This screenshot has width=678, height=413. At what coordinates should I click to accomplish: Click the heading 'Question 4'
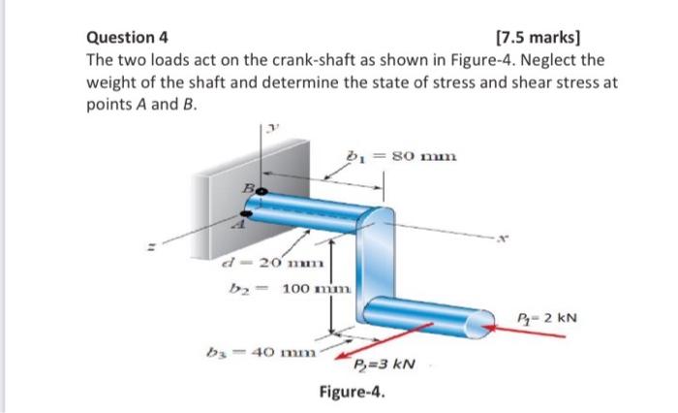(x=128, y=39)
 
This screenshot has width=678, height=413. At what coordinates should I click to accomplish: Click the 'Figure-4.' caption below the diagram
(x=353, y=394)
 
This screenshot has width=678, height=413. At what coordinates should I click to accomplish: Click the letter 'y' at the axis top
(x=274, y=125)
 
